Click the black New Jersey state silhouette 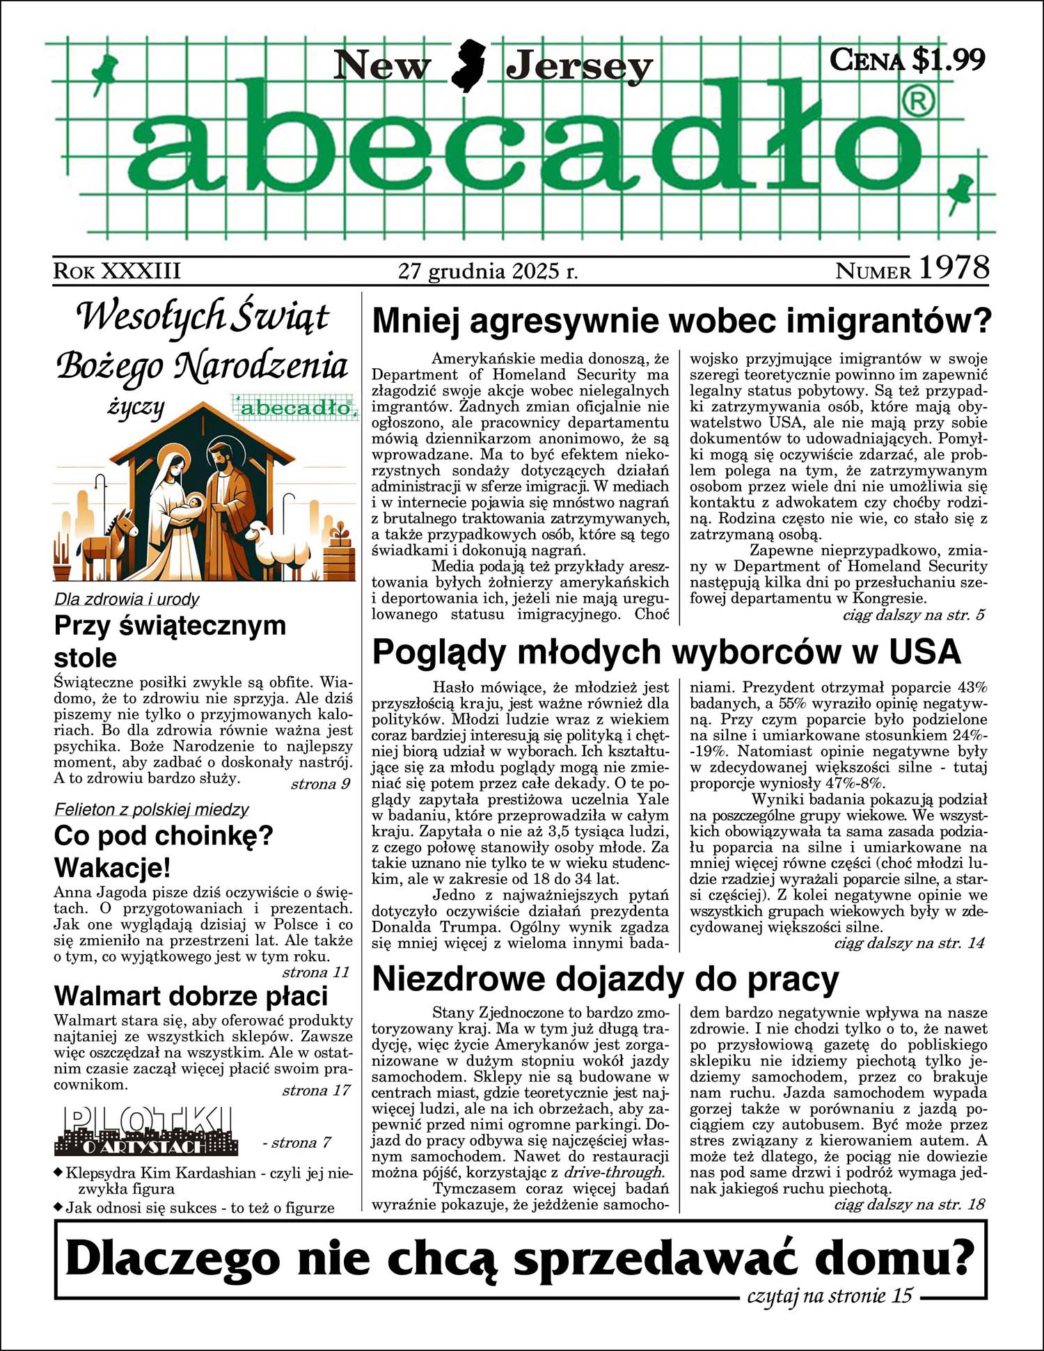468,66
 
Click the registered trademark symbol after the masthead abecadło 918,102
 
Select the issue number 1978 954,268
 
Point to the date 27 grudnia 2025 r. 488,270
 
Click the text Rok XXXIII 117,271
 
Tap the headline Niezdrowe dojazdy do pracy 606,979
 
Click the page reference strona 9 320,784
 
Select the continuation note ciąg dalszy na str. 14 909,943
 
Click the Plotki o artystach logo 146,1131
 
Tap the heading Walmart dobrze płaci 191,996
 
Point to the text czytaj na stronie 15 829,1296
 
